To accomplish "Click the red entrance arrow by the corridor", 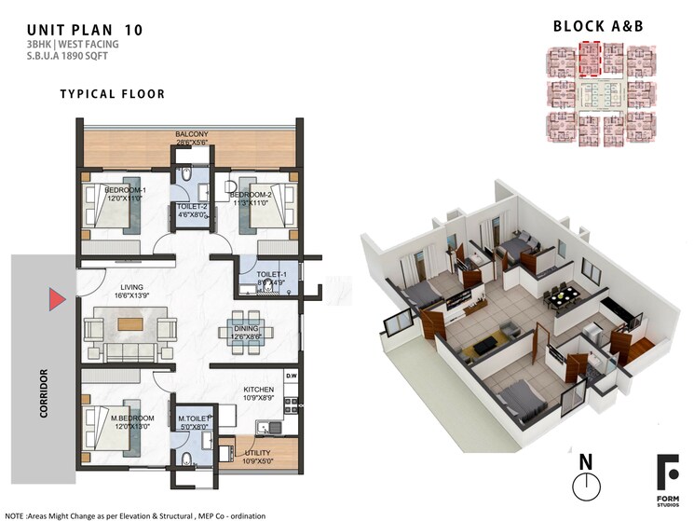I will point(57,299).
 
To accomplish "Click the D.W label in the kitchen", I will point(292,377).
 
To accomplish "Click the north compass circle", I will point(585,486).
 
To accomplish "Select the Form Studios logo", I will point(667,475).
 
